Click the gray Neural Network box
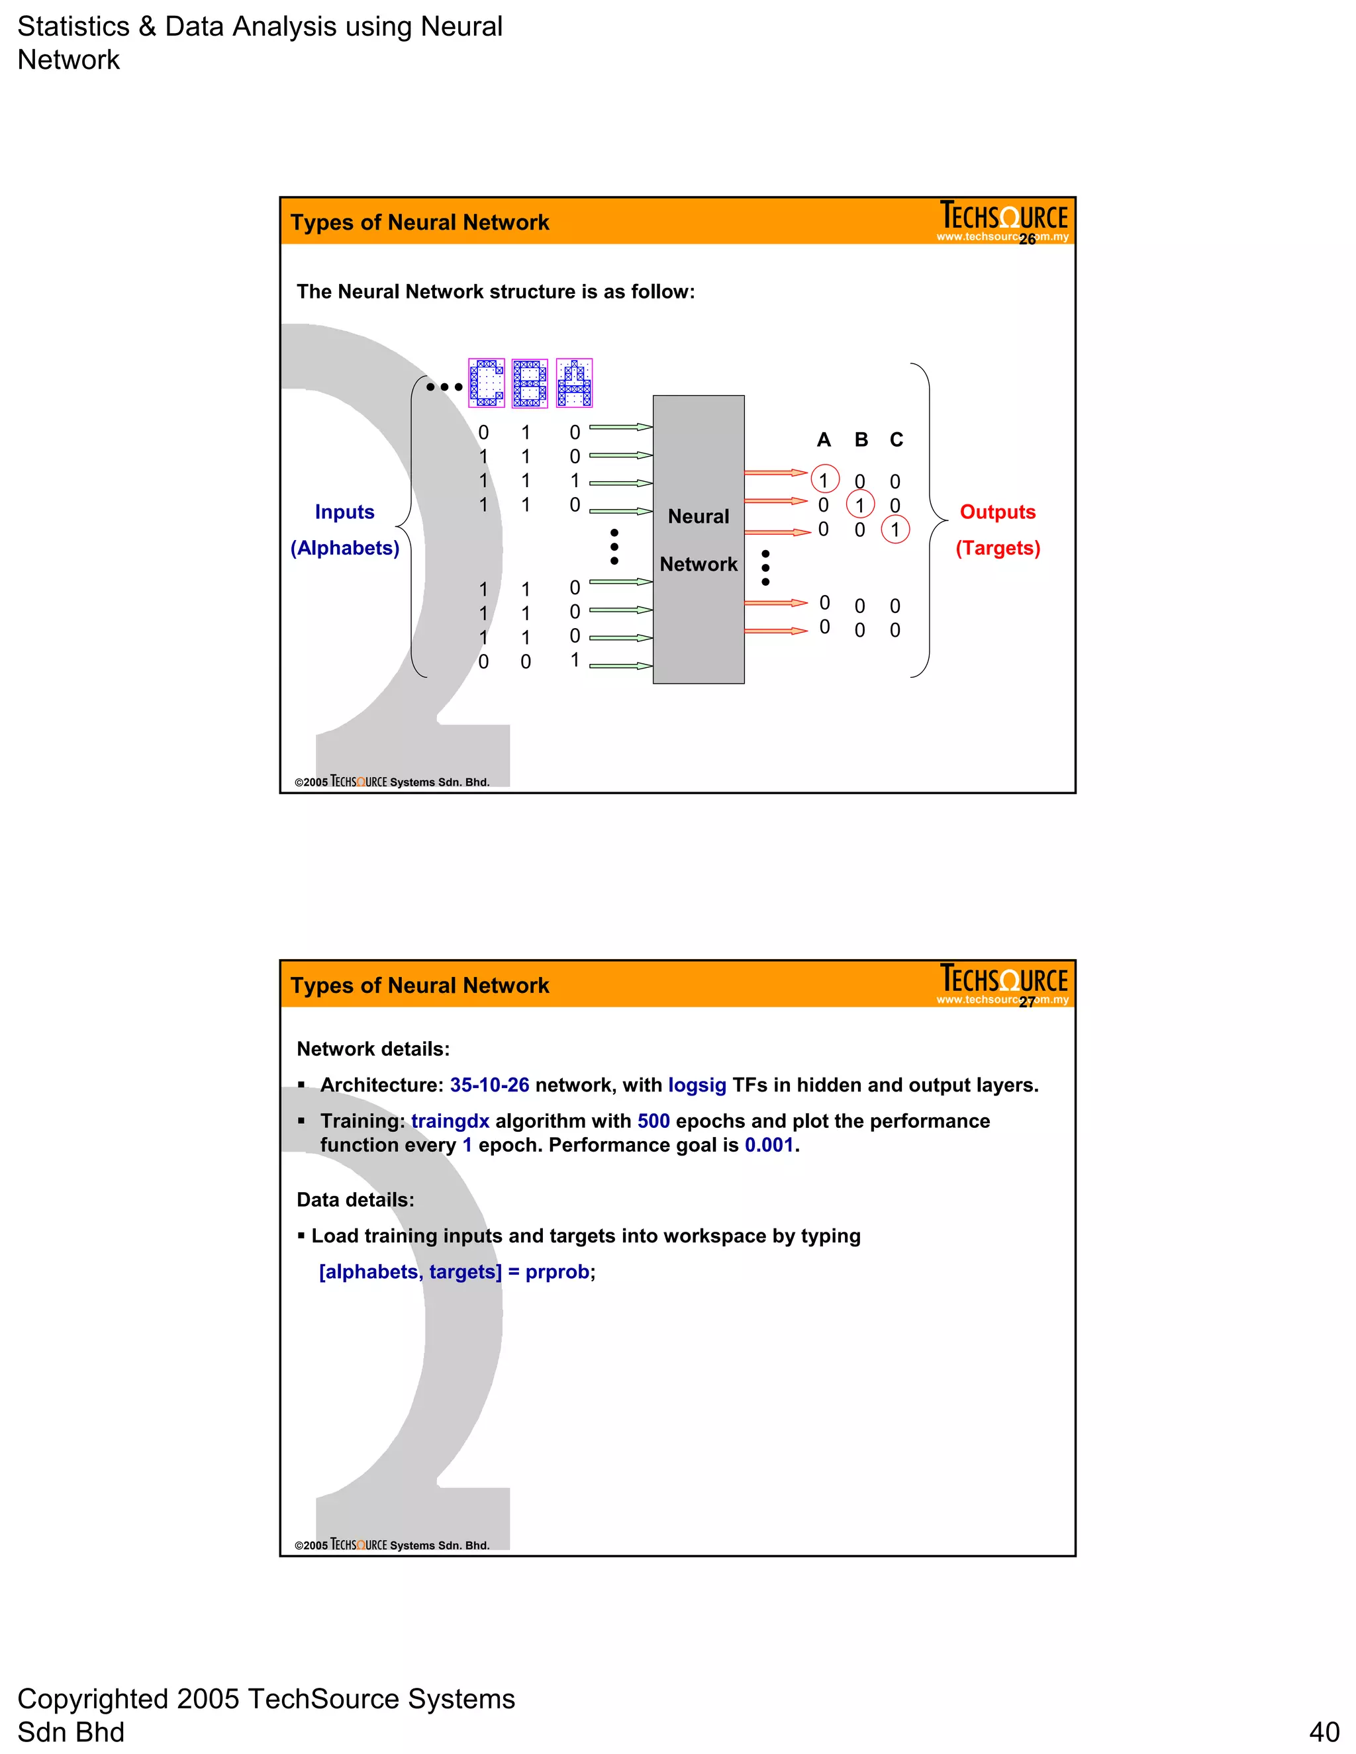[x=698, y=539]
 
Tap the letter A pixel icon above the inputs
[x=573, y=383]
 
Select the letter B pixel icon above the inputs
[x=530, y=383]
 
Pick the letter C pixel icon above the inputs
[x=486, y=383]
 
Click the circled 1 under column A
[x=825, y=479]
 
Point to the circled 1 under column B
[x=860, y=504]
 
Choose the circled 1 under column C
[x=895, y=530]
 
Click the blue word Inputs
[x=344, y=512]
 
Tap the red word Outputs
[x=997, y=512]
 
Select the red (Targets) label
[x=997, y=548]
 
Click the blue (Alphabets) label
[x=344, y=548]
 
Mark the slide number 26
[x=1027, y=240]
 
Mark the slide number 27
[x=1027, y=1002]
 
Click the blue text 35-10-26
[x=489, y=1085]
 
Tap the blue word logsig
[x=697, y=1085]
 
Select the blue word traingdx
[x=450, y=1121]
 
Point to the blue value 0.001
[x=769, y=1145]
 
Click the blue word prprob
[x=557, y=1272]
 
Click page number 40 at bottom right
[x=1324, y=1731]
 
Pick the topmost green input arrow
[x=620, y=428]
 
